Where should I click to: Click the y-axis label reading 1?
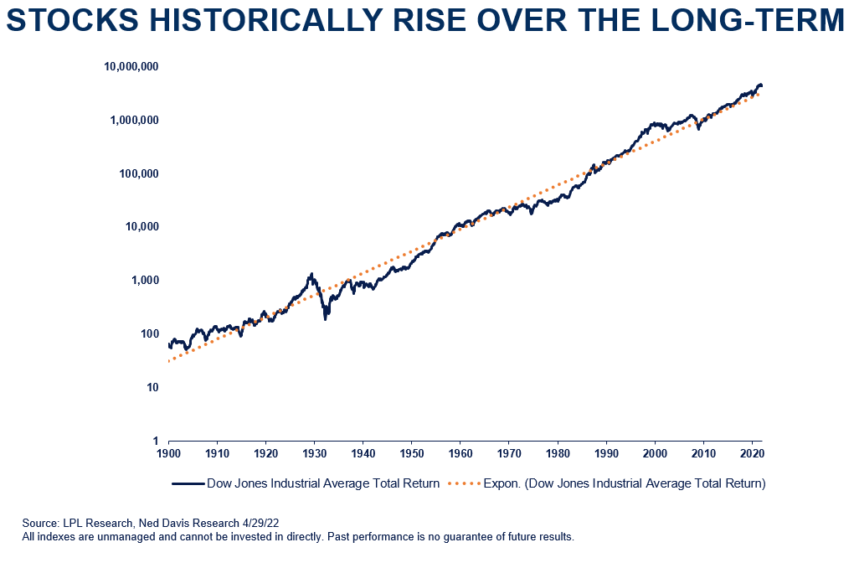pyautogui.click(x=155, y=441)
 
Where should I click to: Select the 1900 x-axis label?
pyautogui.click(x=169, y=455)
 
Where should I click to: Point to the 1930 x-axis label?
pyautogui.click(x=315, y=455)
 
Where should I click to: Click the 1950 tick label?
pyautogui.click(x=412, y=455)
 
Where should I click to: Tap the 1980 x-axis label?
pyautogui.click(x=558, y=455)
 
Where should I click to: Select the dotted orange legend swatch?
pyautogui.click(x=466, y=483)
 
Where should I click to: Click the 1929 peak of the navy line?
pyautogui.click(x=311, y=274)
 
